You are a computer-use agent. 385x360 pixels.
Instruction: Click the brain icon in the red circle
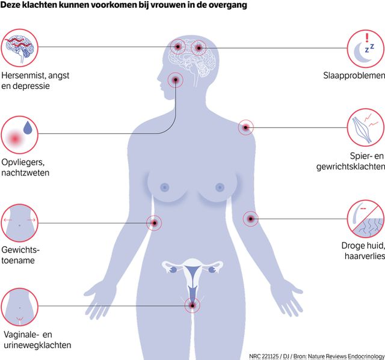click(19, 48)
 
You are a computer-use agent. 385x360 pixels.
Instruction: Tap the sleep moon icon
click(365, 48)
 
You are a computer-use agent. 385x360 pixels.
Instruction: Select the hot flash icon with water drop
click(19, 135)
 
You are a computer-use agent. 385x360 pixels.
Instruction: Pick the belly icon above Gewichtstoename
click(19, 222)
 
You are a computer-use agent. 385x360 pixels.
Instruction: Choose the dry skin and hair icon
click(365, 219)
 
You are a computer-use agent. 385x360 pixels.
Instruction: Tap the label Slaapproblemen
click(353, 76)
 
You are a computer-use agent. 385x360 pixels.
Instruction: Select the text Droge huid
click(362, 246)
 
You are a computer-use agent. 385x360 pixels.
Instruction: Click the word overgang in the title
click(229, 5)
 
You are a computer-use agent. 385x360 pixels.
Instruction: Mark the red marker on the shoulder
click(245, 127)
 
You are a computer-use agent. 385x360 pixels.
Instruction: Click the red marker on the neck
click(176, 79)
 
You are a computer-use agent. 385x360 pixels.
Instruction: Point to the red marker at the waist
click(154, 223)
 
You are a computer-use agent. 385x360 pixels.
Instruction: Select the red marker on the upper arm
click(250, 219)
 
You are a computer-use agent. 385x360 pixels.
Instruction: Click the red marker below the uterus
click(192, 306)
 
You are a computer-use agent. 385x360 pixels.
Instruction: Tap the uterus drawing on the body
click(192, 273)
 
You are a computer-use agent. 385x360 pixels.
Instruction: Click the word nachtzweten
click(25, 173)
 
